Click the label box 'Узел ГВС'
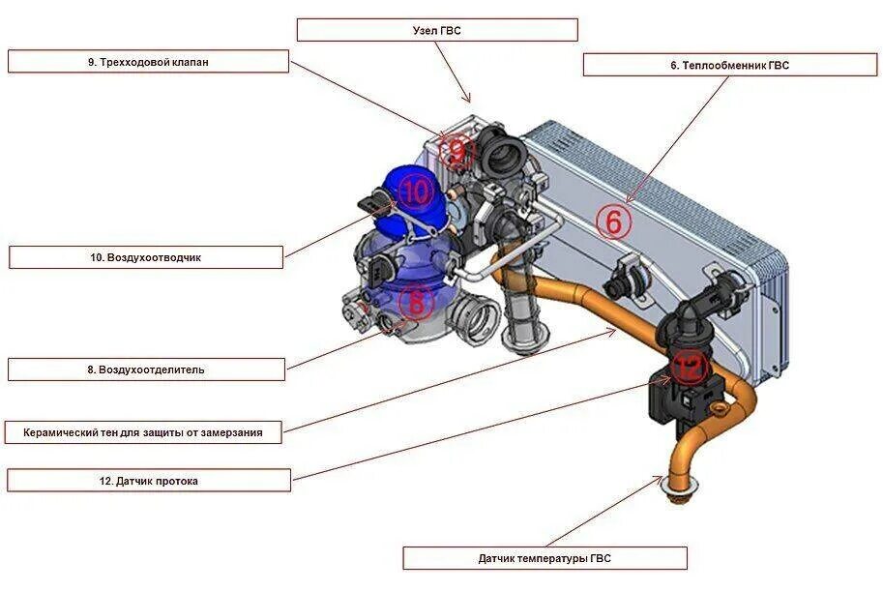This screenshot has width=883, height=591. tap(437, 30)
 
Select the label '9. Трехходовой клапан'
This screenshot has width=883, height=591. tap(148, 62)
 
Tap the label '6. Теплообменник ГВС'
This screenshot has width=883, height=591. tap(730, 66)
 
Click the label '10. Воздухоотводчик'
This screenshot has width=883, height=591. tap(146, 258)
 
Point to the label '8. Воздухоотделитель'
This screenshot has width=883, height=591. tap(146, 369)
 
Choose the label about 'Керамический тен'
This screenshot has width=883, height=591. tap(143, 432)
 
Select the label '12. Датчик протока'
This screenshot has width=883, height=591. tap(148, 480)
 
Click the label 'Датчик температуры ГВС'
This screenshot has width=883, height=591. tap(545, 558)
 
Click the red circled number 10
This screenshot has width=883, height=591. tap(415, 192)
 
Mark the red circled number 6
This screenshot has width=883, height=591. tap(613, 222)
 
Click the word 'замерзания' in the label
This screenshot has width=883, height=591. tap(229, 432)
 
